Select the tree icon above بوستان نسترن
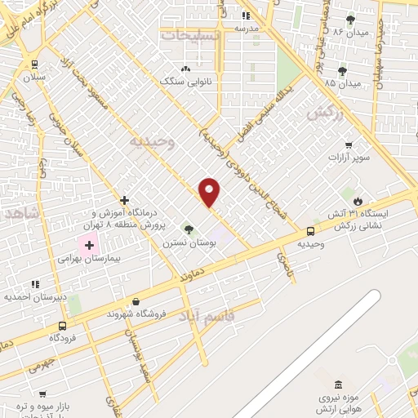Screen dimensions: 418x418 (x=189, y=230)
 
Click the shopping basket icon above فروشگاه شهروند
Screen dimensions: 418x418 (x=136, y=301)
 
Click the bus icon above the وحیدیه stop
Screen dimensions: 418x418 (x=310, y=231)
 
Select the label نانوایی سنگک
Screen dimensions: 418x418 (x=186, y=82)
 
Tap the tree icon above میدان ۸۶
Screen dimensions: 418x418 (x=351, y=20)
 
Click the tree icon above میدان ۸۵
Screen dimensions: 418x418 (x=342, y=71)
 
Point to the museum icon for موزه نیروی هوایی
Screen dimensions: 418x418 (x=339, y=385)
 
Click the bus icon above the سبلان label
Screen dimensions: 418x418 (x=34, y=64)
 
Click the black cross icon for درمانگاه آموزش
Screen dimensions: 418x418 (x=124, y=200)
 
